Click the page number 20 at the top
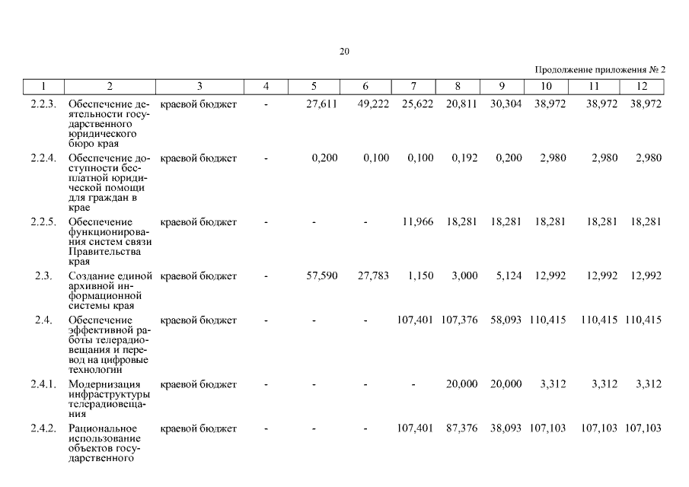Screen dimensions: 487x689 pos(344,52)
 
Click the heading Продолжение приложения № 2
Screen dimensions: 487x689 pos(601,69)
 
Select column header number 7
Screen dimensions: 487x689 pos(413,86)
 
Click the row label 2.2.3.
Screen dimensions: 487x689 pos(43,103)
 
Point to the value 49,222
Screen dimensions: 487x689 pos(373,103)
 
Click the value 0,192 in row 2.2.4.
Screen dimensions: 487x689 pos(464,158)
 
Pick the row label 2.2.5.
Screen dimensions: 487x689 pos(43,222)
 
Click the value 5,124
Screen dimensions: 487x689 pos(508,275)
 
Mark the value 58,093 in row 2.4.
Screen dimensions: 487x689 pos(506,320)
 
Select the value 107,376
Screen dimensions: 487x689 pos(460,320)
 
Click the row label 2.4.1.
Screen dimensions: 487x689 pos(43,384)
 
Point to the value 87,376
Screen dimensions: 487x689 pos(461,428)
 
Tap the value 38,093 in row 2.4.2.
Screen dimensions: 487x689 pos(506,428)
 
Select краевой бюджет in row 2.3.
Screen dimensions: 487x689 pos(199,275)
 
